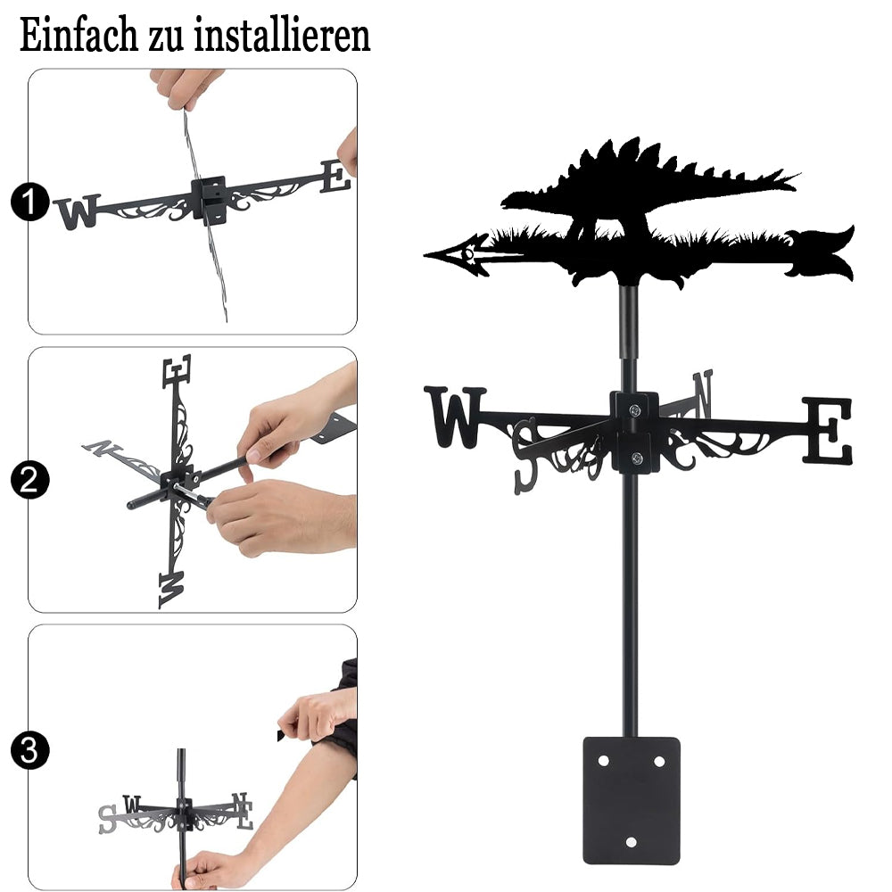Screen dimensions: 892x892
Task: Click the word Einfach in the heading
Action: point(78,35)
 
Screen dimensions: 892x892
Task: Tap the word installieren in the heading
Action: point(282,35)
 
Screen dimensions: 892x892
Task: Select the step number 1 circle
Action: point(29,202)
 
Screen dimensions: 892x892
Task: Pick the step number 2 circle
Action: point(29,480)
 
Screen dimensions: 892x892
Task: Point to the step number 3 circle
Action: point(29,750)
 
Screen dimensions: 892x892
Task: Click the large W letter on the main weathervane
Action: point(455,417)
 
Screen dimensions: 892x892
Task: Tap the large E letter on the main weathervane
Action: point(828,430)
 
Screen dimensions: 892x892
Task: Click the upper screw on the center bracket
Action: point(636,409)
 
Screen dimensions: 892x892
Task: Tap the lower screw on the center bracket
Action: point(637,458)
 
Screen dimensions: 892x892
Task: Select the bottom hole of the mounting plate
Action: point(631,842)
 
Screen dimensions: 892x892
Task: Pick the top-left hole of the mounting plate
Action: point(604,761)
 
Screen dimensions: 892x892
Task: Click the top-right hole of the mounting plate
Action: point(659,761)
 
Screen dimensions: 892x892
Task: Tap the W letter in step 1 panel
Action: point(78,211)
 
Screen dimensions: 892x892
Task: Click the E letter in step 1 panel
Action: point(335,177)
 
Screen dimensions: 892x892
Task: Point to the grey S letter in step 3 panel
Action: point(107,819)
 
